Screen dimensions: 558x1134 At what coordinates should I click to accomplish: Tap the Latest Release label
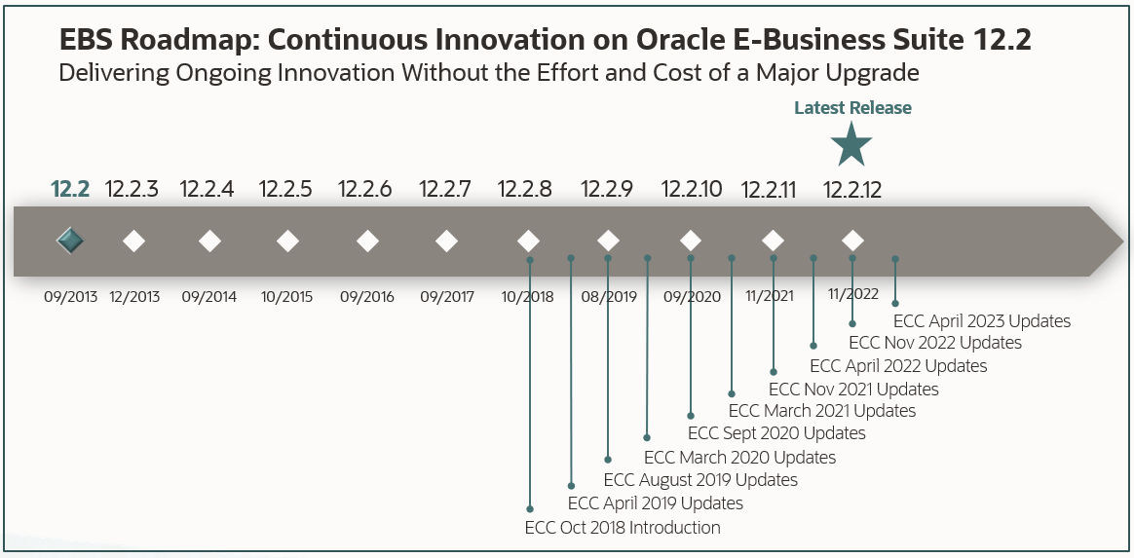point(852,108)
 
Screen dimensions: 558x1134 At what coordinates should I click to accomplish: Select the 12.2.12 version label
point(852,190)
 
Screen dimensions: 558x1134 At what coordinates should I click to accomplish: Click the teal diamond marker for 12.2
point(70,241)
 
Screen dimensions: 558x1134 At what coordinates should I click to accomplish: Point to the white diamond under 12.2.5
point(287,241)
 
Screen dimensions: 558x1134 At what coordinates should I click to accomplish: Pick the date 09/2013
point(70,297)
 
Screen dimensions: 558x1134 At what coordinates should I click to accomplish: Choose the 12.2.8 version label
point(524,190)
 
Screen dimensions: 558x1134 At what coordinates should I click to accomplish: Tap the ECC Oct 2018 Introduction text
point(623,528)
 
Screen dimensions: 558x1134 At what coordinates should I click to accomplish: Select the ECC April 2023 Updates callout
point(981,321)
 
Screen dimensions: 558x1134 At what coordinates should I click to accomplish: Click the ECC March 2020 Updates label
point(739,457)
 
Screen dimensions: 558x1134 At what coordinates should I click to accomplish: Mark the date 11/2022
point(852,293)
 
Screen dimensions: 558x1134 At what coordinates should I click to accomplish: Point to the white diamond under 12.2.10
point(691,241)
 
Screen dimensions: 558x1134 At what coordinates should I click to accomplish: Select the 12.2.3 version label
point(132,190)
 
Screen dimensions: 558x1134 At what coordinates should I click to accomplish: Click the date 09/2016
point(367,297)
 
